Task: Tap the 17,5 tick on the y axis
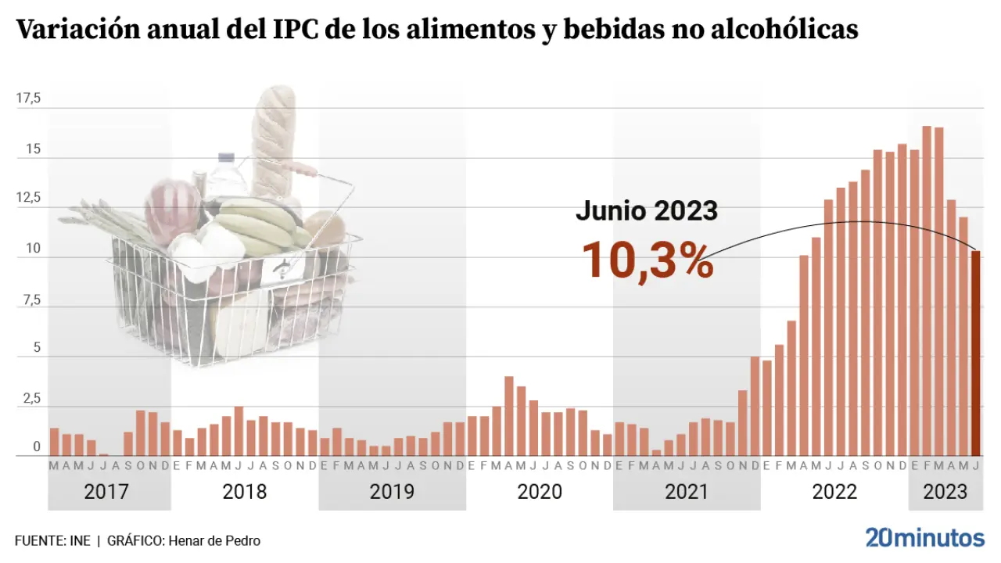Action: coord(29,99)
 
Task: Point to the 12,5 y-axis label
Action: coord(29,199)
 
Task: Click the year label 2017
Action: coord(106,492)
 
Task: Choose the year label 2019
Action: coord(392,492)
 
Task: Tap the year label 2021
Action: coord(686,492)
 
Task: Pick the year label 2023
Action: coord(945,492)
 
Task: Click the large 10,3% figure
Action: coord(647,259)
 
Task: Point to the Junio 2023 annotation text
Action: coord(646,210)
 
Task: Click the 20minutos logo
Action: coord(924,538)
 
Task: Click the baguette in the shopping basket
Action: coord(274,141)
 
